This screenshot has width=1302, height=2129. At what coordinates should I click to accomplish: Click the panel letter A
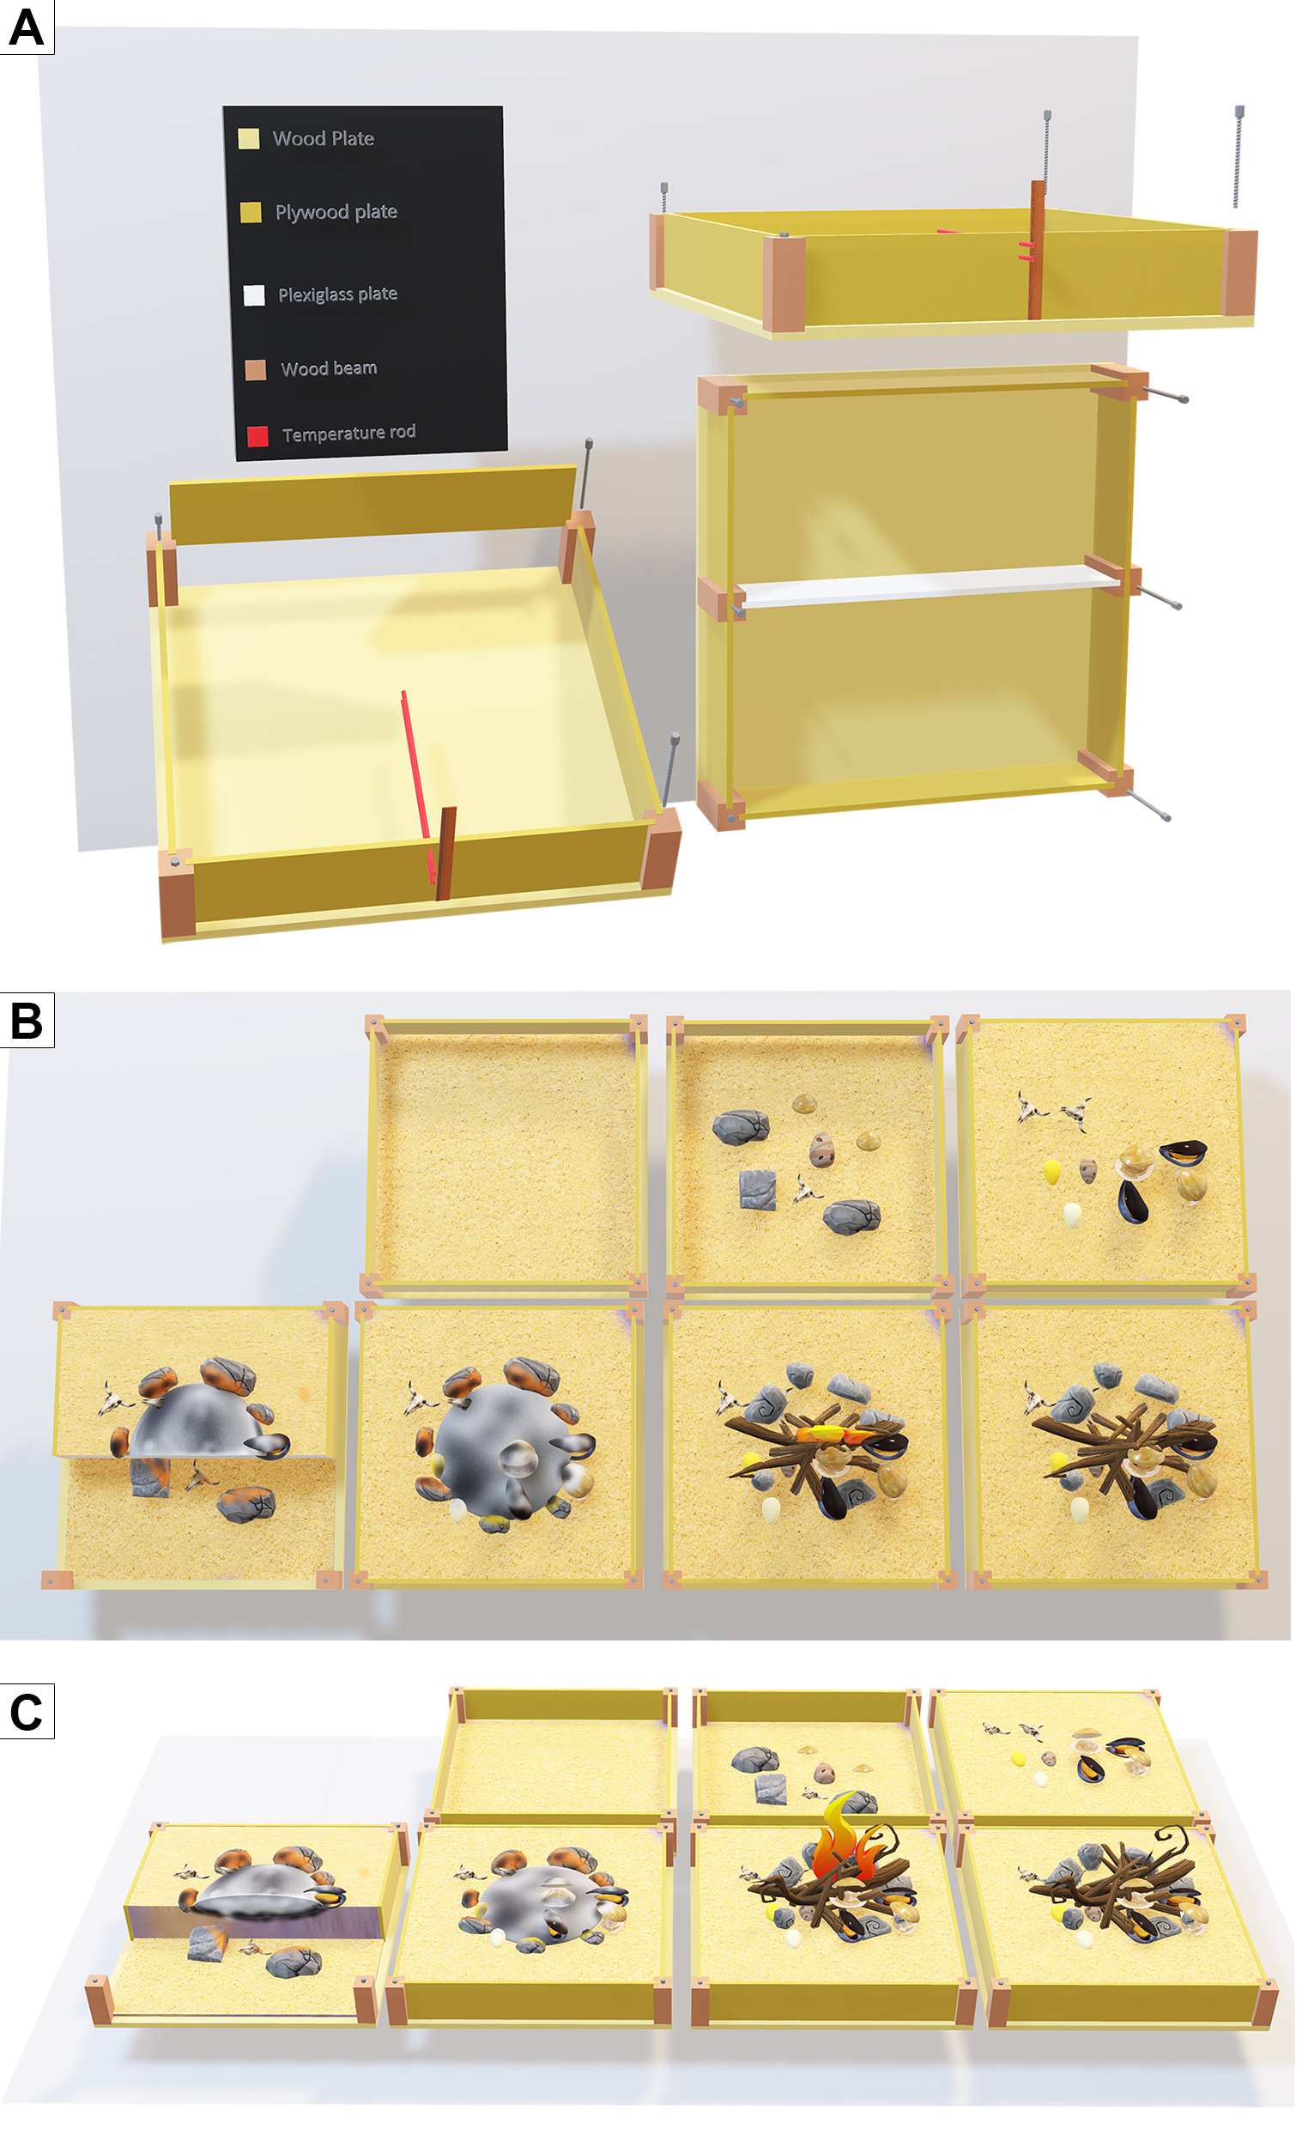[x=26, y=27]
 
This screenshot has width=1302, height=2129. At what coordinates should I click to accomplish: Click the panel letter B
[x=26, y=1020]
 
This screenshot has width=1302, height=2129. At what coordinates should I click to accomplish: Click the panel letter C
[x=26, y=1711]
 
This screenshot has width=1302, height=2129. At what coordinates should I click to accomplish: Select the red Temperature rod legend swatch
[x=257, y=436]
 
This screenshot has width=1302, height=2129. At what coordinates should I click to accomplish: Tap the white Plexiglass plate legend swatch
[x=254, y=295]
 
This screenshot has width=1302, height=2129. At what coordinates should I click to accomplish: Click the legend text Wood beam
[x=330, y=368]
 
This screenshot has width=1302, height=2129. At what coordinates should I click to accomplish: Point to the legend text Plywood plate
[x=336, y=212]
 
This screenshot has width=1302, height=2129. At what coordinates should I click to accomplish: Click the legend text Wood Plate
[x=323, y=138]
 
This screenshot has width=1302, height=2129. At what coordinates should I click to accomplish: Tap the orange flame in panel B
[x=834, y=1436]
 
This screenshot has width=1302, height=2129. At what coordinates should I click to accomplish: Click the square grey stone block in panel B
[x=758, y=1189]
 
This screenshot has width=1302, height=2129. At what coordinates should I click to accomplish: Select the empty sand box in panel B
[x=508, y=1156]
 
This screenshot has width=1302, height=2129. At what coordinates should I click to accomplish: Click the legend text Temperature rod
[x=349, y=433]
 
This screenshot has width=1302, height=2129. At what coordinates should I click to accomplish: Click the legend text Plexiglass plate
[x=338, y=294]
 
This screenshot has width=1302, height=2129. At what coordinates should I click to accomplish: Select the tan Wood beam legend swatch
[x=256, y=370]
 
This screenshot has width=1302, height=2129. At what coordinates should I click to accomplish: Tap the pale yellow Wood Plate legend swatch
[x=249, y=139]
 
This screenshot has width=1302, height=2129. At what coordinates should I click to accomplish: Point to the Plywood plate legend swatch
[x=251, y=213]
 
